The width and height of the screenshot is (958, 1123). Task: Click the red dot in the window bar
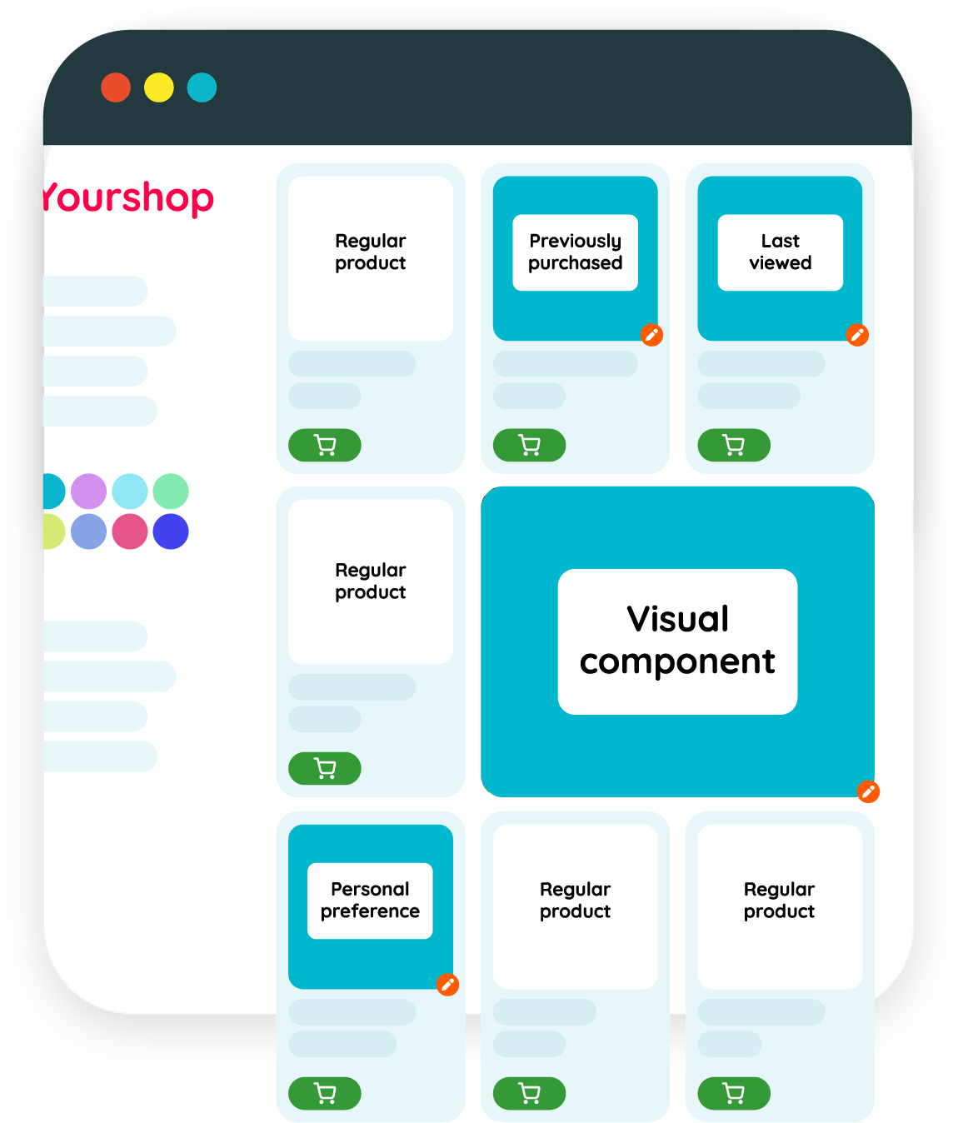click(x=116, y=87)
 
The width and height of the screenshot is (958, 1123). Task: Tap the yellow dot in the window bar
click(x=159, y=87)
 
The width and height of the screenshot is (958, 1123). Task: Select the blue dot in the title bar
click(x=202, y=87)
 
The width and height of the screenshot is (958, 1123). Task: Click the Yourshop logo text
click(x=128, y=198)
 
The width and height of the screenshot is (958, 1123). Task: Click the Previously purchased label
click(x=575, y=252)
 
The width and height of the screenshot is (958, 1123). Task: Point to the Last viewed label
click(x=780, y=252)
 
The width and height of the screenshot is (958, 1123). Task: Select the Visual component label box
click(x=677, y=641)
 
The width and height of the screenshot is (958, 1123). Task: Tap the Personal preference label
click(x=370, y=901)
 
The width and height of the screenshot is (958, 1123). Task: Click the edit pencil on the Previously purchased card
click(x=651, y=335)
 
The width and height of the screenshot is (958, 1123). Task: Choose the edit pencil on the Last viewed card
click(x=857, y=335)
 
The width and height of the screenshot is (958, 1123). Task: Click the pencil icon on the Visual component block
click(x=868, y=791)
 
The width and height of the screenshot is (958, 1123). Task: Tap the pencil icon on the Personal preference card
click(x=447, y=985)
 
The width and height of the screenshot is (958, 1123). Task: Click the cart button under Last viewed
click(x=734, y=445)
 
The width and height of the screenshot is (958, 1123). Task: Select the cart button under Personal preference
click(x=325, y=1093)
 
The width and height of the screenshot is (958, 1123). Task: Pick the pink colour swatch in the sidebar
click(x=130, y=532)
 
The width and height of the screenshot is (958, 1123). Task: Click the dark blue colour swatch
click(x=171, y=532)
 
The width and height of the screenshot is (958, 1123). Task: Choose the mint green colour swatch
click(x=171, y=492)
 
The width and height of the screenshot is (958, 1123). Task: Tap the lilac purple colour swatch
click(x=89, y=492)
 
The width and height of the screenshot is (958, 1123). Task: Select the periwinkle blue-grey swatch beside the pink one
click(x=89, y=532)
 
